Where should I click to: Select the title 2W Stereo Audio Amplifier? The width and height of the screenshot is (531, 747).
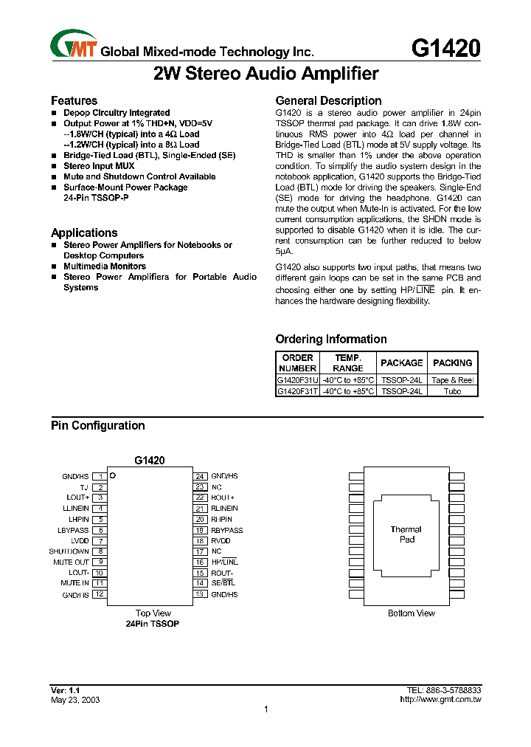[x=265, y=74]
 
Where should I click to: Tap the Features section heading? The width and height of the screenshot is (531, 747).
[x=74, y=100]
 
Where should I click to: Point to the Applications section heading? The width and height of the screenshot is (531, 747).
[x=84, y=233]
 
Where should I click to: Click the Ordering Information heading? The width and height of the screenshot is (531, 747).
[x=330, y=339]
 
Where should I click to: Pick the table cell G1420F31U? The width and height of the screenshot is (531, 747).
[x=297, y=380]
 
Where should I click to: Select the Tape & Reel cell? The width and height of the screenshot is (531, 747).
[x=452, y=380]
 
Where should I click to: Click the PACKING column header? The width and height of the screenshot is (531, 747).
[x=452, y=362]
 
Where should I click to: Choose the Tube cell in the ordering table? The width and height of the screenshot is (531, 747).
[x=452, y=391]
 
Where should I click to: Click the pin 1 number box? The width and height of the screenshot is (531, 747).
[x=100, y=477]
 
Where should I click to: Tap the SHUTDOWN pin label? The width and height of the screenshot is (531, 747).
[x=69, y=551]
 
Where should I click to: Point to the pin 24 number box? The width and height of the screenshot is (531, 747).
[x=199, y=477]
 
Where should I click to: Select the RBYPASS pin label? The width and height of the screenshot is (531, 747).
[x=226, y=530]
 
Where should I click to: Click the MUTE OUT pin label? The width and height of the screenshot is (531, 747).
[x=71, y=562]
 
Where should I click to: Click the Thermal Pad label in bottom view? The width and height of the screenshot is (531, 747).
[x=406, y=534]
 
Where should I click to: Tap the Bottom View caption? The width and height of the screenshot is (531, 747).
[x=411, y=613]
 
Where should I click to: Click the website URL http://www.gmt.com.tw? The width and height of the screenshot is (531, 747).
[x=440, y=699]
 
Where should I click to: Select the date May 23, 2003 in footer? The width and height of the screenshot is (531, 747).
[x=75, y=700]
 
